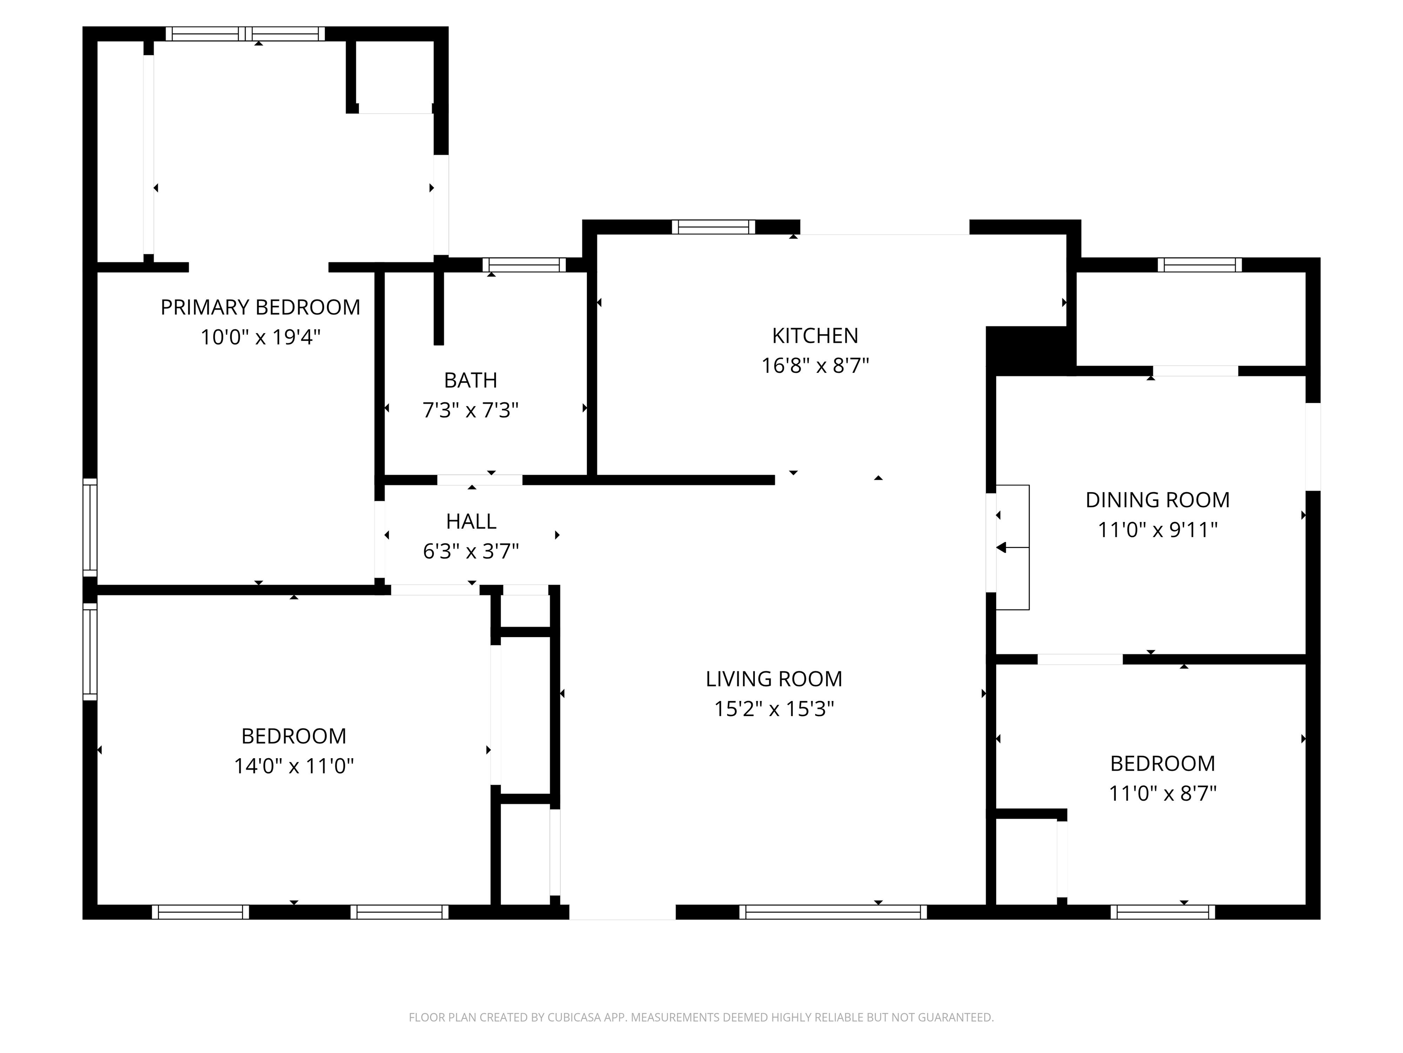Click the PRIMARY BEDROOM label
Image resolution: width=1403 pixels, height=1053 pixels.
point(260,307)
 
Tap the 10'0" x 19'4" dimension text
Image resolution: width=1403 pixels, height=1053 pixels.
point(260,337)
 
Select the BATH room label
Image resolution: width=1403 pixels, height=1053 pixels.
point(470,380)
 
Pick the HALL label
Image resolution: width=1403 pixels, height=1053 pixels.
point(470,521)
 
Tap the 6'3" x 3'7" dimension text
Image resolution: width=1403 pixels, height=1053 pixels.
point(470,551)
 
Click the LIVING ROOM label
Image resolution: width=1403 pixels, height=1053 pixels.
point(774,679)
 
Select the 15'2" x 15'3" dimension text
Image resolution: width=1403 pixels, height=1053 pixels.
point(774,708)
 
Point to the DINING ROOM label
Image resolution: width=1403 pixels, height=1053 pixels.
point(1158,500)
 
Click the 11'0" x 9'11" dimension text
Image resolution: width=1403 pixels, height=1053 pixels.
point(1158,529)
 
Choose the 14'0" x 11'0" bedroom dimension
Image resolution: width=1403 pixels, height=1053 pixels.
point(294,766)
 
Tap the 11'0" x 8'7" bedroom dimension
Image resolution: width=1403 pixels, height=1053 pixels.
point(1163,793)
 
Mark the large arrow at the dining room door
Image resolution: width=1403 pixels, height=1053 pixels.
point(1002,547)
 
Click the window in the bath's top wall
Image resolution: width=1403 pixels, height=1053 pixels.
point(524,265)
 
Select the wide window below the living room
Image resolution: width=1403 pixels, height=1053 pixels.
point(833,912)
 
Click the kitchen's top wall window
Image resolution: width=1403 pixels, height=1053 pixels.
point(713,227)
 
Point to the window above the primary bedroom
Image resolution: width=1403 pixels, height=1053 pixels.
point(245,34)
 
